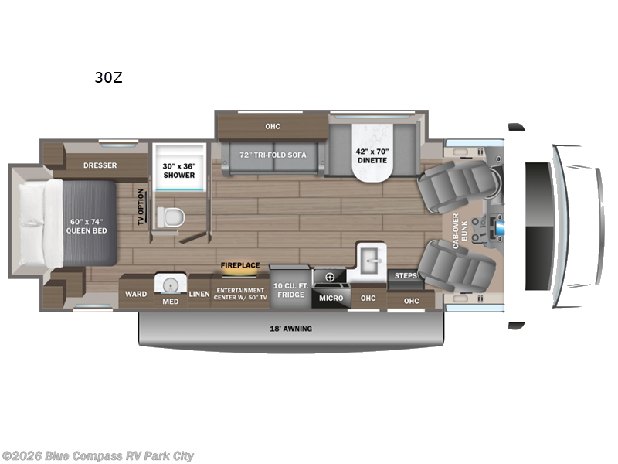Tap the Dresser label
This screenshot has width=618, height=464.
tap(100, 165)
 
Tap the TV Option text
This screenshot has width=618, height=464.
tap(141, 208)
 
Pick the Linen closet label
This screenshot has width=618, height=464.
tap(199, 294)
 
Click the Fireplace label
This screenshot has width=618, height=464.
tap(240, 264)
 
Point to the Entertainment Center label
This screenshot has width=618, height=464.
tap(239, 294)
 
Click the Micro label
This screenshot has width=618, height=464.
tap(331, 298)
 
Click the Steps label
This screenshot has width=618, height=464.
tap(406, 275)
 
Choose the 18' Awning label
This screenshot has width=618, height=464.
tap(291, 329)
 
